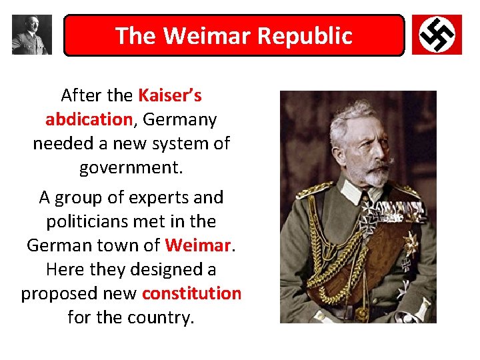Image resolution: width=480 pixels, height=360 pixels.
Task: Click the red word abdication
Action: point(89,119)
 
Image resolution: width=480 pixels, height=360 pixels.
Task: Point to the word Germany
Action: point(180,119)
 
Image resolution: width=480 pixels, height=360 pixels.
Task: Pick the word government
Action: point(131,167)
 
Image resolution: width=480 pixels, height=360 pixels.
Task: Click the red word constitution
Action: point(191,293)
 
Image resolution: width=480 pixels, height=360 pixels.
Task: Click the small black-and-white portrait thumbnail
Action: point(31,35)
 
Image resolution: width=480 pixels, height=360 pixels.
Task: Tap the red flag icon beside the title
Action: point(437,35)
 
